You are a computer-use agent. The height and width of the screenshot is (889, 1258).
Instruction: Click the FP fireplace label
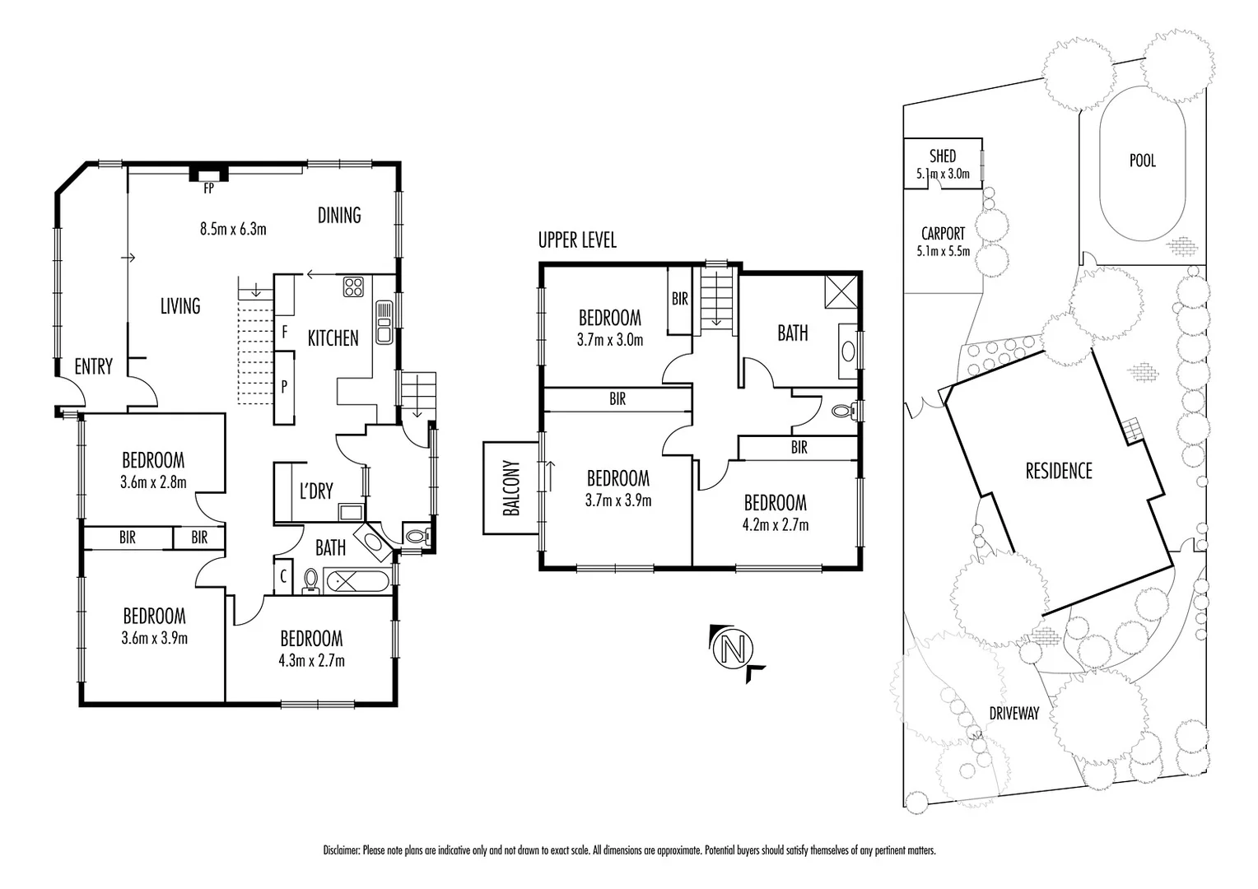coord(208,188)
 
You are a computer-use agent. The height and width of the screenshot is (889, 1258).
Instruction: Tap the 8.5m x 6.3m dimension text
coord(233,229)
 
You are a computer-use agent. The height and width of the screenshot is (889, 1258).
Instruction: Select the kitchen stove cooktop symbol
coord(354,286)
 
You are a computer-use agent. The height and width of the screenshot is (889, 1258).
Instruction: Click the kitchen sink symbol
coord(384,322)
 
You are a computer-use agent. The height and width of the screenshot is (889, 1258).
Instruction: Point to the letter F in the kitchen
coord(284,333)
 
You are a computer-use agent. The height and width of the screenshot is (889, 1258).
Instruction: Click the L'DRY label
coord(315,491)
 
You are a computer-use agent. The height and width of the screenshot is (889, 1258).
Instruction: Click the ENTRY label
coord(93,367)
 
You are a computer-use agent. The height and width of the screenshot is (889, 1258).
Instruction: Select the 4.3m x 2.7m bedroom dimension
coord(311,660)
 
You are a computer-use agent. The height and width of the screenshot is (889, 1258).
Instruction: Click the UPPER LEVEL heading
coord(576,240)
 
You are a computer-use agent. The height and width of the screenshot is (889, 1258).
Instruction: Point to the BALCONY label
coord(510,488)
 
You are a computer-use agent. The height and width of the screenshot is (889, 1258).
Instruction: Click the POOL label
coord(1142,161)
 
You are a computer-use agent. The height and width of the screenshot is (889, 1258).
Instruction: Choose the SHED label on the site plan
coord(942,156)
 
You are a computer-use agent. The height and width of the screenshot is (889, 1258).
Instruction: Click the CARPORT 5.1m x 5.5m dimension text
coord(942,251)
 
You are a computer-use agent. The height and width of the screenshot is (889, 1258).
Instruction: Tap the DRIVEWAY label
coord(1013,714)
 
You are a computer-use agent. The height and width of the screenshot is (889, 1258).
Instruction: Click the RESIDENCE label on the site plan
coord(1058,471)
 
